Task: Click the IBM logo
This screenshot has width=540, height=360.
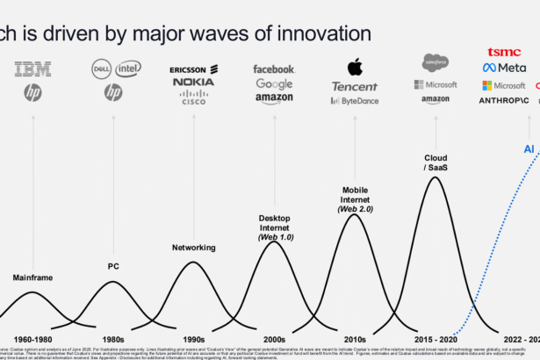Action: pyautogui.click(x=32, y=68)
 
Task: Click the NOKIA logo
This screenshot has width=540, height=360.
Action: pyautogui.click(x=193, y=83)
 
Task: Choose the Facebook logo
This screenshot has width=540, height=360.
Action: pyautogui.click(x=274, y=68)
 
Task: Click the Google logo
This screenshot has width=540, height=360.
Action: pyautogui.click(x=274, y=83)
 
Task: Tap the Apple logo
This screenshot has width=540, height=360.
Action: pyautogui.click(x=355, y=67)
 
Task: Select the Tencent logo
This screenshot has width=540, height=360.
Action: pyautogui.click(x=355, y=86)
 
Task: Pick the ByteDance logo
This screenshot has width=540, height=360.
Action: pyautogui.click(x=355, y=101)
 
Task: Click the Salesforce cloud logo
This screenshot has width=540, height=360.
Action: pyautogui.click(x=436, y=62)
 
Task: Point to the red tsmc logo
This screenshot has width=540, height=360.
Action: pyautogui.click(x=503, y=52)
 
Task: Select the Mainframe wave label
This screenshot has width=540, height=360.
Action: pyautogui.click(x=32, y=277)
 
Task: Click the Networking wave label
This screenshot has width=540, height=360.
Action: pyautogui.click(x=193, y=248)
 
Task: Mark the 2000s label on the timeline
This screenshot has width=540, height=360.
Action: pyautogui.click(x=274, y=338)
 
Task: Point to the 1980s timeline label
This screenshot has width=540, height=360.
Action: pyautogui.click(x=113, y=338)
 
